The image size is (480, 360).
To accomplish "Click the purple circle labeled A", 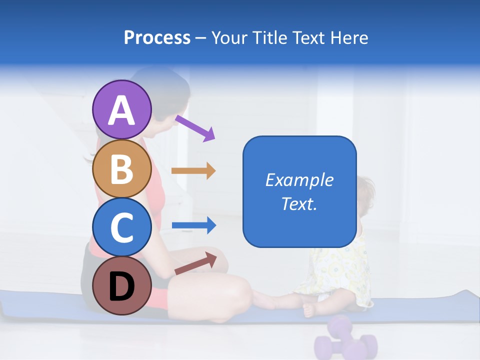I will click(x=122, y=109).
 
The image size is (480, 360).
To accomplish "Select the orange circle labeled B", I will click(x=122, y=168).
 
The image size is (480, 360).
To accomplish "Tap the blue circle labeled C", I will click(x=122, y=227).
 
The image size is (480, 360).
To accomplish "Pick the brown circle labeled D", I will click(x=122, y=285).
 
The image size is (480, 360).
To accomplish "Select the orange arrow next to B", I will click(x=193, y=171).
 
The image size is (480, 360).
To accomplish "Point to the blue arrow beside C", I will click(x=193, y=225).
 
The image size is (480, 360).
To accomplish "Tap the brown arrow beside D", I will click(x=195, y=263).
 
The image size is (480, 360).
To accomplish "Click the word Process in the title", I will click(x=157, y=37).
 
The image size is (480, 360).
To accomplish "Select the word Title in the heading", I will click(x=270, y=37).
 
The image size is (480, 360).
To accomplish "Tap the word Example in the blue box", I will click(x=299, y=180).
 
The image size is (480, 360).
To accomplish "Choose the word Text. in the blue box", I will click(x=299, y=204).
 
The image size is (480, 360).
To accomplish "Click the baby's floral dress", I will click(x=340, y=272).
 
